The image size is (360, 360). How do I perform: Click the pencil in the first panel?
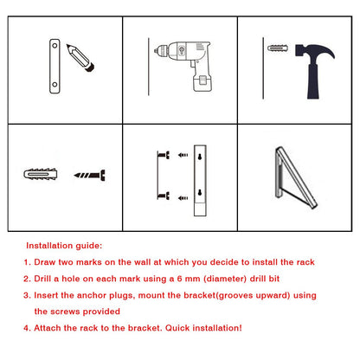pyautogui.click(x=80, y=58)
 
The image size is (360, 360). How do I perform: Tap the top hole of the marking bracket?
pyautogui.click(x=55, y=46)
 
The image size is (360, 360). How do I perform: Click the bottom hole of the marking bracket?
pyautogui.click(x=55, y=85)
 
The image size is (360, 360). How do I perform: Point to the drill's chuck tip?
pyautogui.click(x=156, y=51)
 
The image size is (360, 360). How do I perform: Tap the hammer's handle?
pyautogui.click(x=312, y=82)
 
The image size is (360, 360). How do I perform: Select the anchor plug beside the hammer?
pyautogui.click(x=278, y=48)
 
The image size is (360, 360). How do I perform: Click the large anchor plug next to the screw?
pyautogui.click(x=40, y=174)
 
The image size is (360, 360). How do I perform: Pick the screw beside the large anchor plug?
pyautogui.click(x=89, y=175)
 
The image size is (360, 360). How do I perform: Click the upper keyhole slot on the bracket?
pyautogui.click(x=200, y=157)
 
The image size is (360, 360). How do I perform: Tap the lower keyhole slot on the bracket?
pyautogui.click(x=200, y=192)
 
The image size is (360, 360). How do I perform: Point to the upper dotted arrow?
pyautogui.click(x=183, y=155)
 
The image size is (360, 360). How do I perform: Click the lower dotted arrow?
pyautogui.click(x=183, y=198)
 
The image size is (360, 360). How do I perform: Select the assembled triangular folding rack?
pyautogui.click(x=292, y=177)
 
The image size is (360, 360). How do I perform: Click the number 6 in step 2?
pyautogui.click(x=179, y=279)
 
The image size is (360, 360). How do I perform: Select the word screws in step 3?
pyautogui.click(x=65, y=312)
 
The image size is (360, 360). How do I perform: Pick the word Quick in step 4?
pyautogui.click(x=177, y=328)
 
